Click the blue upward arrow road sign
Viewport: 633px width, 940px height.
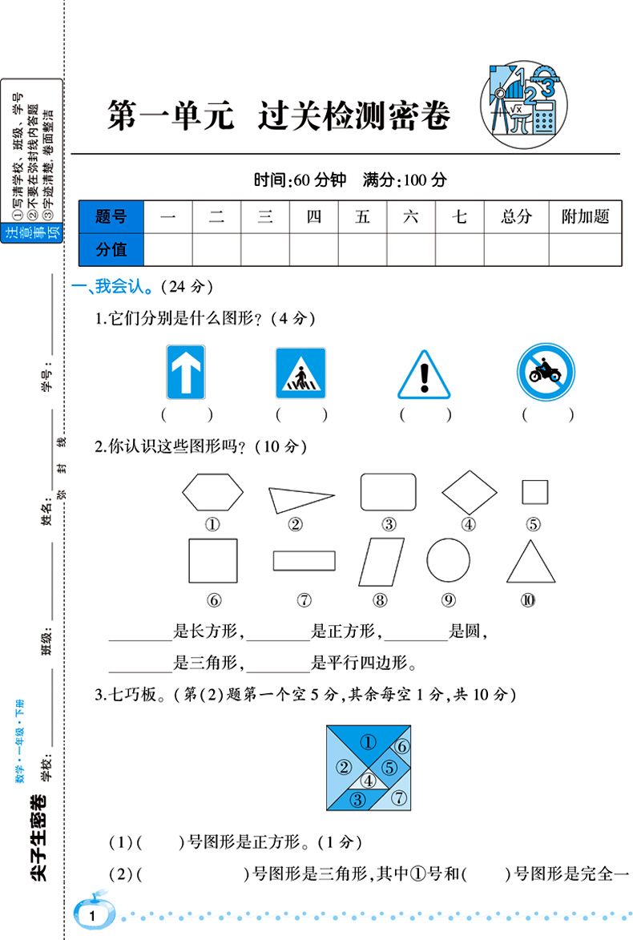click(x=185, y=371)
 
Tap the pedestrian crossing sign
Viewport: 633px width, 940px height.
click(x=300, y=373)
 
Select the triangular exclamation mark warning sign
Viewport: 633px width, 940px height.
click(x=424, y=375)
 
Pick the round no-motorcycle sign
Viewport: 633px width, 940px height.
click(x=546, y=373)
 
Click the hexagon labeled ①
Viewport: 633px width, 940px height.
click(x=212, y=491)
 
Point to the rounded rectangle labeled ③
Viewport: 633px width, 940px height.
click(x=388, y=491)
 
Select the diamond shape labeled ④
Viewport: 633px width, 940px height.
click(x=470, y=492)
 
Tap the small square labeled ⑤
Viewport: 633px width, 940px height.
click(x=534, y=492)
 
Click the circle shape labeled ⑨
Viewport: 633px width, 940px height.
click(x=448, y=559)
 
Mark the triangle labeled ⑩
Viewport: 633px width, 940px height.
click(x=530, y=563)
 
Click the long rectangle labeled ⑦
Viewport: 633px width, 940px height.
click(x=304, y=560)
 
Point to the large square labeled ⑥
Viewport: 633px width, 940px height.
click(x=213, y=561)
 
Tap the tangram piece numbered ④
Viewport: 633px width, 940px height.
click(x=368, y=779)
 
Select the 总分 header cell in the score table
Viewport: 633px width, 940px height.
click(x=516, y=216)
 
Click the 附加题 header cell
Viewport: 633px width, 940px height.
click(x=585, y=216)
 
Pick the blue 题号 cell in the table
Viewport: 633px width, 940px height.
click(x=111, y=216)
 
